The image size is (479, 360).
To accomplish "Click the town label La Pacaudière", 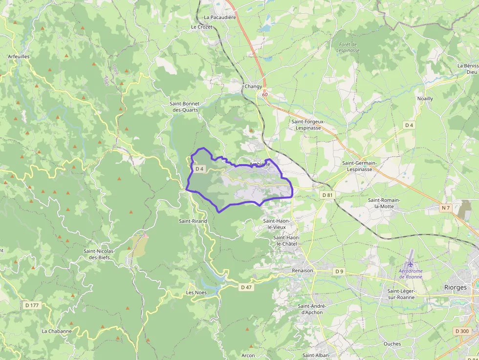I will (220, 17).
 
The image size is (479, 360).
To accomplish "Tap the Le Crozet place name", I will (201, 27).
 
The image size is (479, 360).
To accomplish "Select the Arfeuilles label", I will (19, 57).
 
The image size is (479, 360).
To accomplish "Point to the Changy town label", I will (253, 86).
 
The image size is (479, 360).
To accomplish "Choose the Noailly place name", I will (425, 99).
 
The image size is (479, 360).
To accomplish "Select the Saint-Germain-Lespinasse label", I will (360, 166).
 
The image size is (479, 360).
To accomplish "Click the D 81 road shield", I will (327, 195).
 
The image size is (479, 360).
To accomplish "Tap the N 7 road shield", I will (445, 208).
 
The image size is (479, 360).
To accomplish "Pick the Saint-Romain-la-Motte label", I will (384, 203).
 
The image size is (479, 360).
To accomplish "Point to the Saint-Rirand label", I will (193, 221).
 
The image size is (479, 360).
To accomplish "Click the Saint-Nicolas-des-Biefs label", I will (99, 254).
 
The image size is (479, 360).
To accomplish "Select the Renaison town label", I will (302, 270).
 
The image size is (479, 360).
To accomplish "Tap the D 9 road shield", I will (340, 271).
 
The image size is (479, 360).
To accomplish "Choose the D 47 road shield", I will (246, 287).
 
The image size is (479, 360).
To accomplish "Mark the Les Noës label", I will (196, 293).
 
